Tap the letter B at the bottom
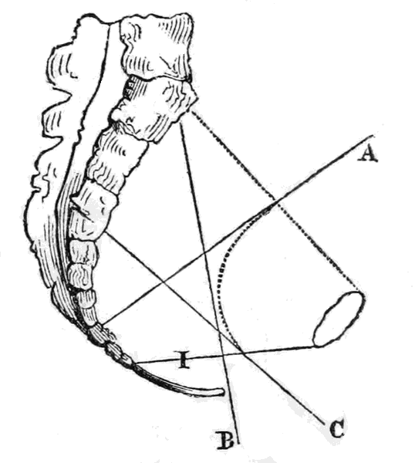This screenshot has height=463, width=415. click(x=225, y=440)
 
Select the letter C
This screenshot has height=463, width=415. click(x=337, y=429)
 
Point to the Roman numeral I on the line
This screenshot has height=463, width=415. click(x=184, y=360)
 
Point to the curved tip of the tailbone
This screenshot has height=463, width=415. click(x=223, y=392)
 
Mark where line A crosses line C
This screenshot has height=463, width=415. click(x=164, y=282)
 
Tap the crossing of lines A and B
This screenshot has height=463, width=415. click(x=205, y=253)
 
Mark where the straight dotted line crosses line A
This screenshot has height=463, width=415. click(x=275, y=201)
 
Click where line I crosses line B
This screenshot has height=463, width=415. click(x=224, y=355)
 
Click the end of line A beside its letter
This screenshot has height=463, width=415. click(x=373, y=136)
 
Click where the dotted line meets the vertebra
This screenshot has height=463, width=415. click(x=192, y=111)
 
